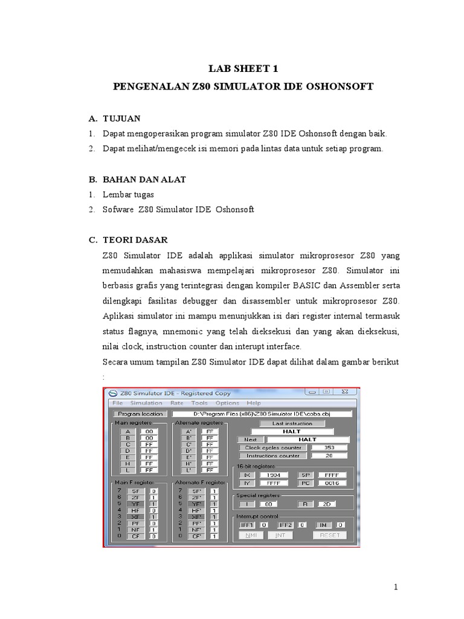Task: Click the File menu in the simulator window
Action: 117,403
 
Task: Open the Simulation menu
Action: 146,403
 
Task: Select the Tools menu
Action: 199,403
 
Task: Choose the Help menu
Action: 254,403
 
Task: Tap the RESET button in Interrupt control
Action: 330,535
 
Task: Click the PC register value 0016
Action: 332,483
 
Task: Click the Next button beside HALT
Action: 251,439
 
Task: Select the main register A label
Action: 127,432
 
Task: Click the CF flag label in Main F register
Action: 135,536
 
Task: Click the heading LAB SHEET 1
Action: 243,69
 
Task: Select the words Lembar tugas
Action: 129,195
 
